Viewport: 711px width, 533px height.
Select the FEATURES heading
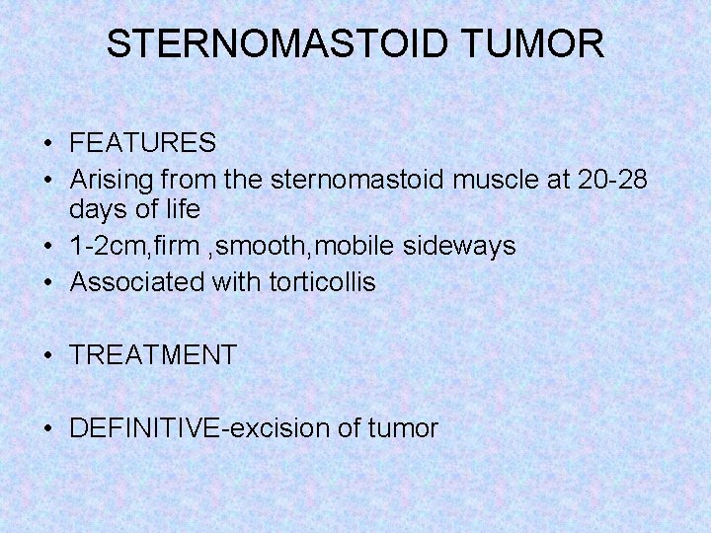pos(143,144)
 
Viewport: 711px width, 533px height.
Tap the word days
pos(97,210)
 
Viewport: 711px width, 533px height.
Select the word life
pos(181,210)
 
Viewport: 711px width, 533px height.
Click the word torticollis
pos(322,282)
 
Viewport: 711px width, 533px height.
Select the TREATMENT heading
pos(153,355)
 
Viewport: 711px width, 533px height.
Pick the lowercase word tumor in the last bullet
pos(403,428)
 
